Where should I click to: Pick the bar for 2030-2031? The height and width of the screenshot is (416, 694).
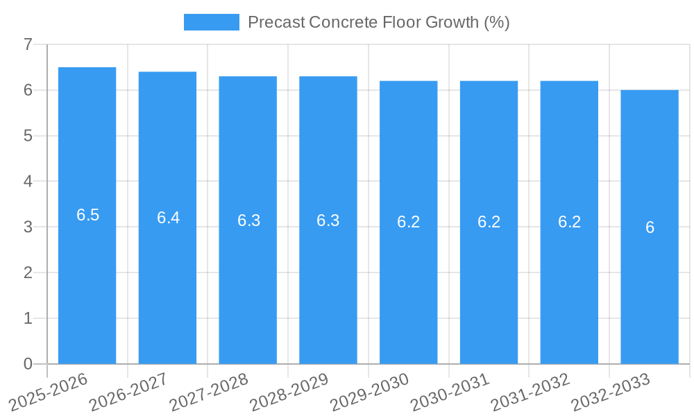(489, 291)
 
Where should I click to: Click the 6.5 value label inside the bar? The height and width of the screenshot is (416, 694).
(88, 215)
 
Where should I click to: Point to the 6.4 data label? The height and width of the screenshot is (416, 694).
(168, 218)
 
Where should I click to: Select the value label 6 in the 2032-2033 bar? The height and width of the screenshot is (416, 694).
(650, 227)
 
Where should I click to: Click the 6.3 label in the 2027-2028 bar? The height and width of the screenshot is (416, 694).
(248, 220)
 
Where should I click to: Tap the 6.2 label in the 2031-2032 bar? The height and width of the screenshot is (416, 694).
(569, 222)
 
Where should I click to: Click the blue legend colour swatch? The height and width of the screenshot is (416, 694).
(211, 22)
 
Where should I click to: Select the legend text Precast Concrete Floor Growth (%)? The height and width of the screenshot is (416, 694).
(378, 22)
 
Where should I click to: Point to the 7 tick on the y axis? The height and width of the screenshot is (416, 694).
(28, 44)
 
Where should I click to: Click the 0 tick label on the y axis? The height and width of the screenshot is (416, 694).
(28, 364)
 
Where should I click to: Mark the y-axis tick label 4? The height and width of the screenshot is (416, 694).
(28, 182)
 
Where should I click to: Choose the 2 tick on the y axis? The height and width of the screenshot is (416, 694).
(28, 272)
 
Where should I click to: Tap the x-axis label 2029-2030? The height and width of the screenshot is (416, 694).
(370, 392)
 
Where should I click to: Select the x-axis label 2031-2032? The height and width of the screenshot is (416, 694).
(530, 392)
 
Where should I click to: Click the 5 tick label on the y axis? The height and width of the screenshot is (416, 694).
(28, 136)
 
